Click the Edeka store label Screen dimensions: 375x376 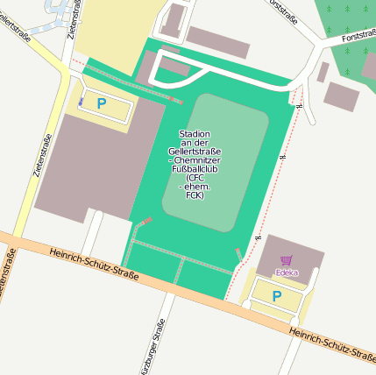tap(287, 272)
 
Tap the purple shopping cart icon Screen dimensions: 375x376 tap(287, 260)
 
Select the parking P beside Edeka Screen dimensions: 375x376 tap(277, 296)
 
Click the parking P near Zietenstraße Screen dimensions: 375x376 tap(102, 103)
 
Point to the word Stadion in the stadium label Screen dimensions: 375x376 tap(195, 134)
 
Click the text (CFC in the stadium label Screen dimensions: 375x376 tap(195, 178)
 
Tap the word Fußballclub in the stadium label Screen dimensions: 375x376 tap(195, 169)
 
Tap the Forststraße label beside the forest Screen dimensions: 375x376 tap(358, 38)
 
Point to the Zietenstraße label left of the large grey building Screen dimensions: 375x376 tap(41, 157)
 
